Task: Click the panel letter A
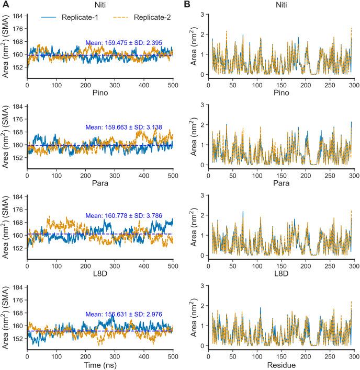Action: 4,5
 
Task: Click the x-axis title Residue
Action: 283,364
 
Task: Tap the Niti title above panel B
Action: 283,5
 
